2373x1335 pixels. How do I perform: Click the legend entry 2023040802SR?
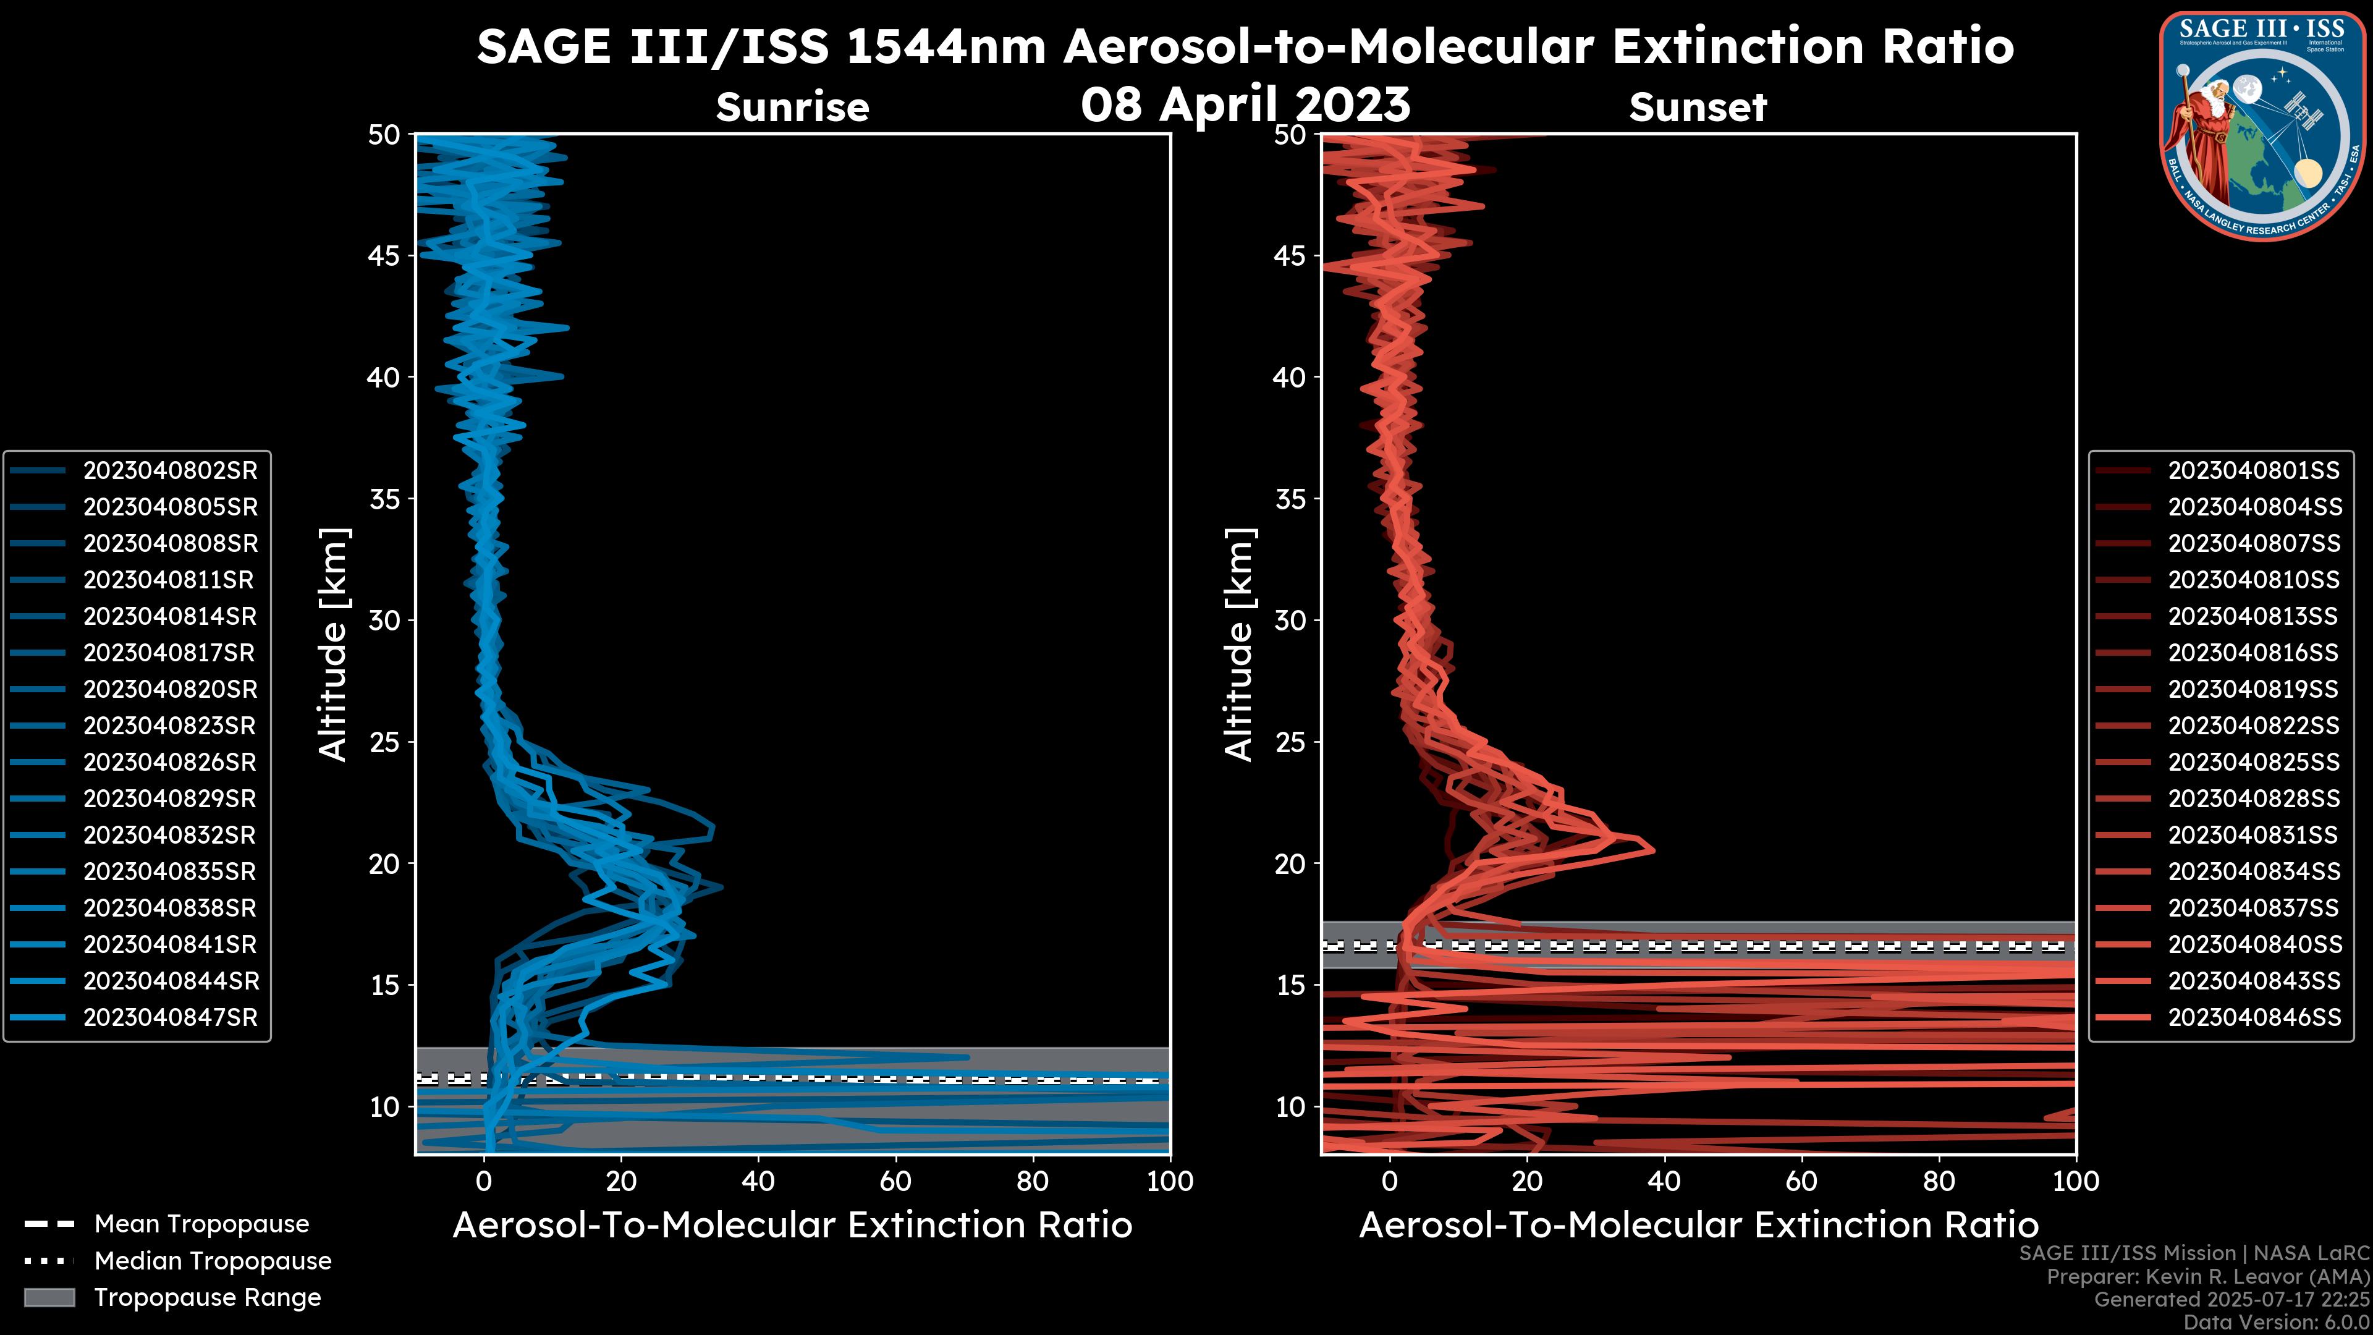[x=169, y=471]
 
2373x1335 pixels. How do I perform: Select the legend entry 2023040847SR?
[x=169, y=1018]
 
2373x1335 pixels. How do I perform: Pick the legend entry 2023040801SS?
[x=2253, y=471]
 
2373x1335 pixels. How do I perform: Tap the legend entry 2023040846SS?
[x=2253, y=1018]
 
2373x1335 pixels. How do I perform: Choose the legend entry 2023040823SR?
[x=169, y=726]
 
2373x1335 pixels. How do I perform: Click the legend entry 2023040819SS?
[x=2253, y=689]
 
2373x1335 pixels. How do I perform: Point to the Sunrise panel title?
[x=792, y=108]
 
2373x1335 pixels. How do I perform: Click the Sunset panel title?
[x=1698, y=108]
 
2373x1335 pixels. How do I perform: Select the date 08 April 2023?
[x=1245, y=104]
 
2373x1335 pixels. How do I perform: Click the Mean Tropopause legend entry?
[x=201, y=1224]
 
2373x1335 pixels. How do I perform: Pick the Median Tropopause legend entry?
[x=212, y=1261]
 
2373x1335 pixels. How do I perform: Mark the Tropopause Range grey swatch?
[x=49, y=1298]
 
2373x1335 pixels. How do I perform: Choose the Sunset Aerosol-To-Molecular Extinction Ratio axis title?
[x=1698, y=1226]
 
